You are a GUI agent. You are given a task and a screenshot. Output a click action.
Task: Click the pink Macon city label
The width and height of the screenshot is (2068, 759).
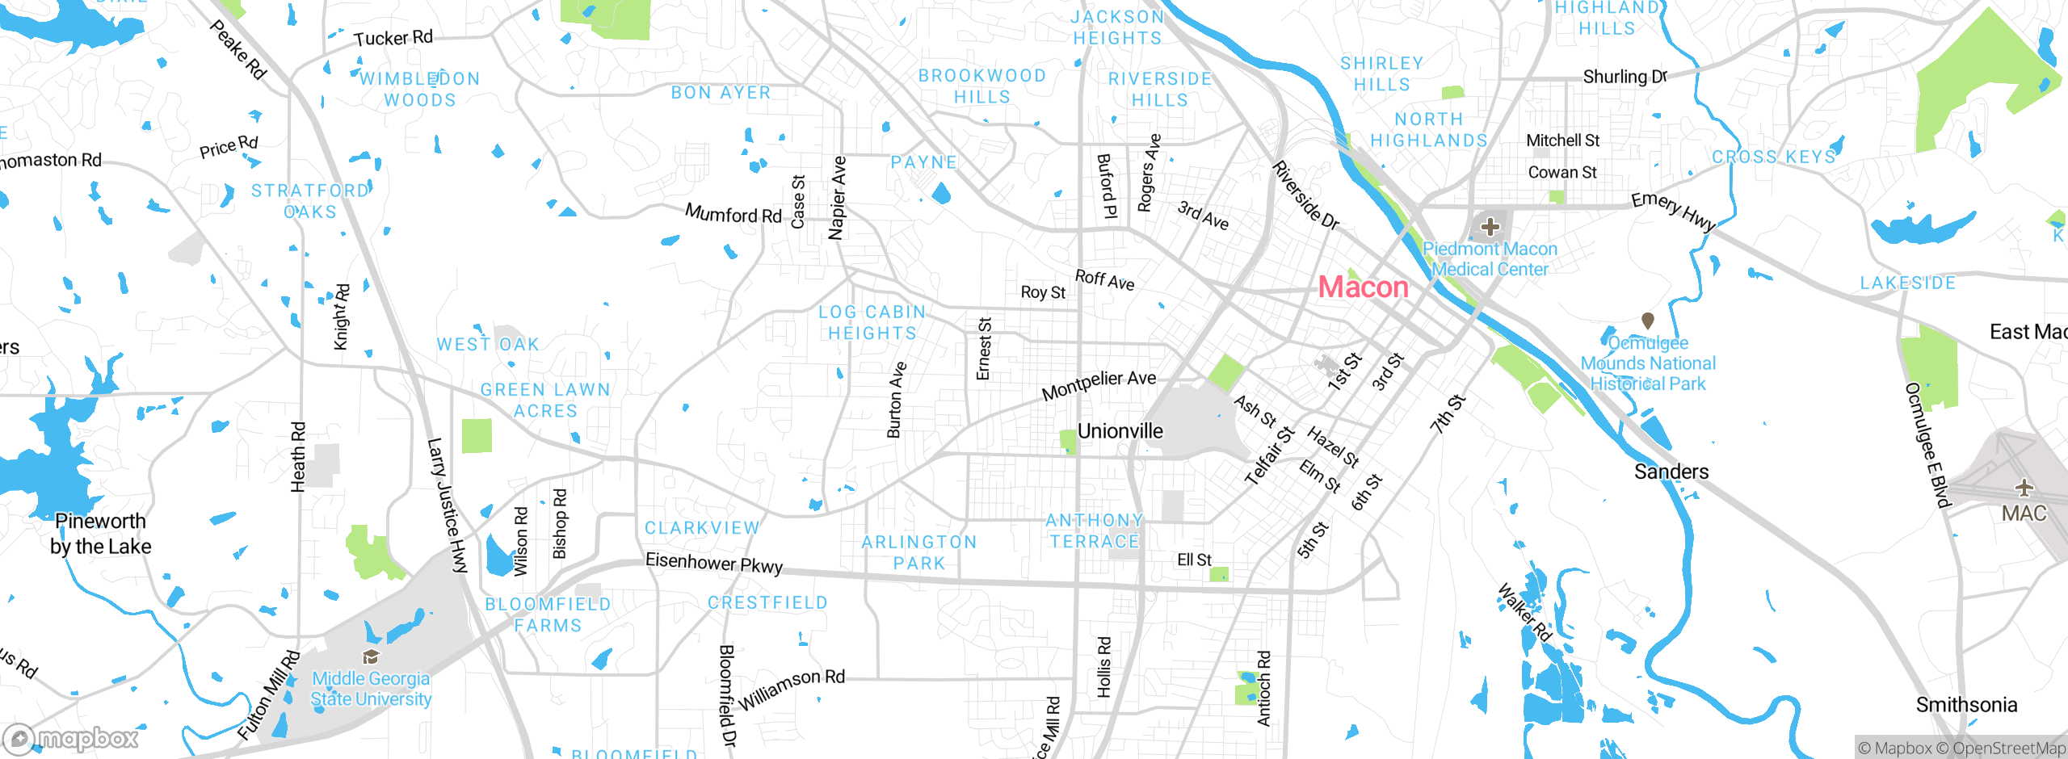click(x=1363, y=287)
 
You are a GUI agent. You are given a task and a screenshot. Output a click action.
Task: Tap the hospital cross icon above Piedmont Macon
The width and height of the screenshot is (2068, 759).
click(x=1490, y=227)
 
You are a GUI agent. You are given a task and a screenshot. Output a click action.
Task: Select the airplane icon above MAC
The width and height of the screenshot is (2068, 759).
click(x=2024, y=488)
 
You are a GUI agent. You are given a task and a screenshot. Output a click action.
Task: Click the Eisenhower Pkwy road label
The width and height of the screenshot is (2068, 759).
click(x=714, y=563)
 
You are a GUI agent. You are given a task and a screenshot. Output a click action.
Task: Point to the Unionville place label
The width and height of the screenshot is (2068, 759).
click(x=1120, y=431)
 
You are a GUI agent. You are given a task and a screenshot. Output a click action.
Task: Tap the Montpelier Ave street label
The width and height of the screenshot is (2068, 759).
click(x=1099, y=385)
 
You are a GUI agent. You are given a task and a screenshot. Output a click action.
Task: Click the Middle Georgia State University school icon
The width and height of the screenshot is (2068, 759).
click(x=371, y=656)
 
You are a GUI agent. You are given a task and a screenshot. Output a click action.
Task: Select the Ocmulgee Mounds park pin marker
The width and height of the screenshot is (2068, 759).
click(x=1648, y=321)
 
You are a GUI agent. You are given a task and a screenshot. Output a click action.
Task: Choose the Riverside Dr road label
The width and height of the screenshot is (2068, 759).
click(x=1305, y=195)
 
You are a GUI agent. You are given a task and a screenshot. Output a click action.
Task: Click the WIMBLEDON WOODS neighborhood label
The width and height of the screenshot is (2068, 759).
click(x=420, y=90)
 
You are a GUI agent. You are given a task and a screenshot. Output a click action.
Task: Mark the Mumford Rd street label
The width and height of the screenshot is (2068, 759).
click(x=733, y=215)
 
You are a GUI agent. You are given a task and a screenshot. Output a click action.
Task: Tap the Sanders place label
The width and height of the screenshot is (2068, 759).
click(x=1671, y=472)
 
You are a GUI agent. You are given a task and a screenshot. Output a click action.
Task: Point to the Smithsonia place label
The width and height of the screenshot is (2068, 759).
click(x=1966, y=705)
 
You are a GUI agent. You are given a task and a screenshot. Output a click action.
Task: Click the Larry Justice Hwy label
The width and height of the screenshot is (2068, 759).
click(x=447, y=505)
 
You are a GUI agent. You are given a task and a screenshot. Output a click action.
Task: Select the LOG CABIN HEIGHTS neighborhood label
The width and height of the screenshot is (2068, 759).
click(x=872, y=322)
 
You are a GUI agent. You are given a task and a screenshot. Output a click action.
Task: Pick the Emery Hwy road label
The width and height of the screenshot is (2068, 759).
click(x=1673, y=211)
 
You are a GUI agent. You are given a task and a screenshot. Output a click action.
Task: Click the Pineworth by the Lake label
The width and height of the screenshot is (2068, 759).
click(x=100, y=534)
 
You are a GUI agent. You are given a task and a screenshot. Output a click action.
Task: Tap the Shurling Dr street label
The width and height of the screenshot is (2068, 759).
click(x=1625, y=77)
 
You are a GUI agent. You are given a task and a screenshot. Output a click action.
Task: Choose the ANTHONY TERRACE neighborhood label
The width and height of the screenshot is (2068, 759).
click(x=1095, y=530)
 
